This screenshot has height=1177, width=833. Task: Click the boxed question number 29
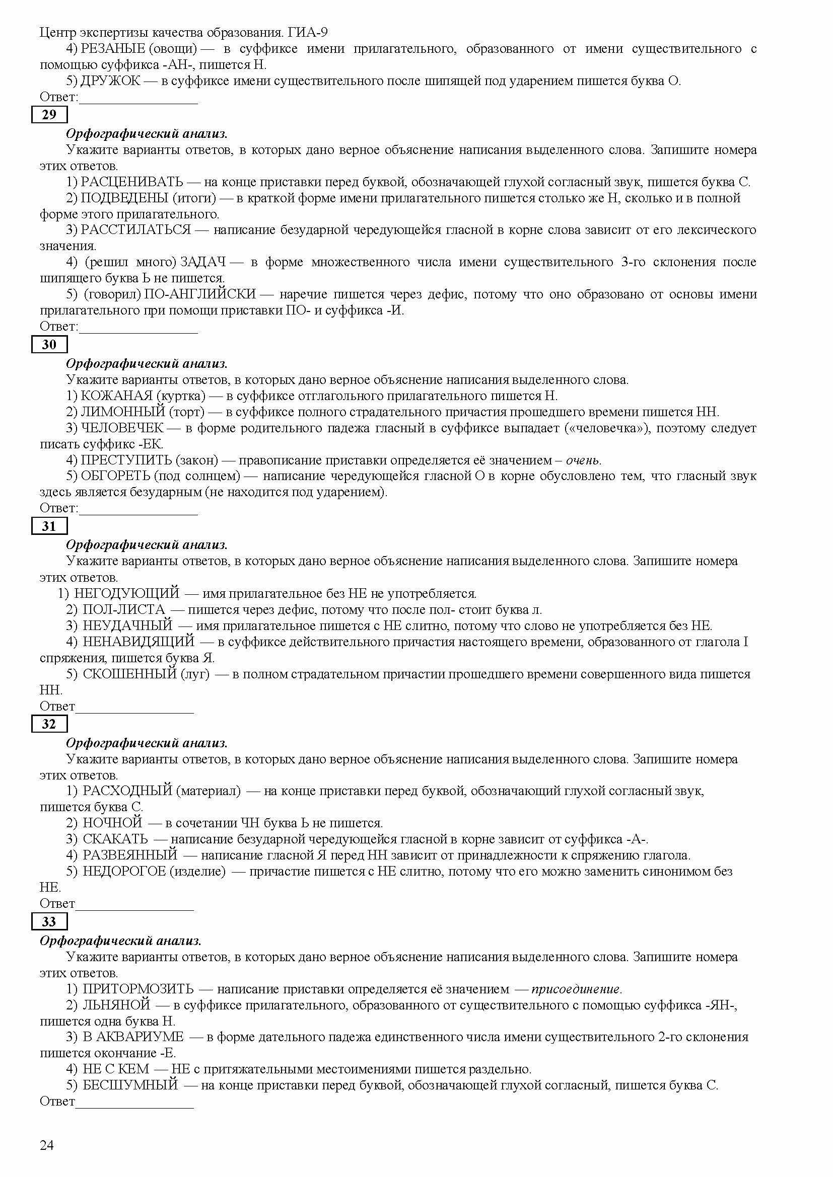click(x=49, y=115)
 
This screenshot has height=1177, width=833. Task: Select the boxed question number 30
click(x=49, y=345)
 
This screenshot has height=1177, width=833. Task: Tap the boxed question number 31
click(x=49, y=526)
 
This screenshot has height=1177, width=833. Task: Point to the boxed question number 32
click(x=49, y=724)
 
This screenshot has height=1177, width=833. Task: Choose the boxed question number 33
click(x=49, y=922)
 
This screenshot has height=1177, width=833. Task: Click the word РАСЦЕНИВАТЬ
click(x=132, y=182)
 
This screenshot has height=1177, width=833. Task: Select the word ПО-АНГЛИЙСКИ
click(x=200, y=294)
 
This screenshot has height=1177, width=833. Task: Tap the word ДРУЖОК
click(x=110, y=81)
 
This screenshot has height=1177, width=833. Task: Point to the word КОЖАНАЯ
click(x=117, y=396)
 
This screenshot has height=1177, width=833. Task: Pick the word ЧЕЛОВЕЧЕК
click(x=122, y=428)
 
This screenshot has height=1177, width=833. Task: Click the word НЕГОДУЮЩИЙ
click(x=127, y=594)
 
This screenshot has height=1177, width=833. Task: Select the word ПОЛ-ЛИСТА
click(x=124, y=609)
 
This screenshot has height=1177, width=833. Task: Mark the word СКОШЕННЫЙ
click(x=130, y=674)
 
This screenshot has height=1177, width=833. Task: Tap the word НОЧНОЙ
click(x=112, y=823)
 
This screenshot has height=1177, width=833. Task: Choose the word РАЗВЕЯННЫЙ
click(x=130, y=855)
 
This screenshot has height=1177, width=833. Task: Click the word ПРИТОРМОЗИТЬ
click(x=138, y=989)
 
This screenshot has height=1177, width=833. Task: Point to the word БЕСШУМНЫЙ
click(x=130, y=1085)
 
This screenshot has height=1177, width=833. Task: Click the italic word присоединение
click(x=576, y=989)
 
